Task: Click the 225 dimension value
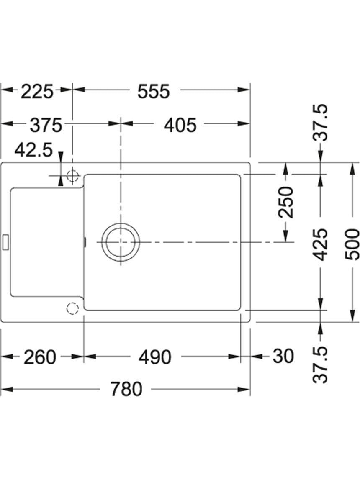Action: (x=37, y=91)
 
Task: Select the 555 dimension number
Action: (x=153, y=91)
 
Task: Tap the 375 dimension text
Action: (x=46, y=125)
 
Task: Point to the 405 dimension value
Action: (x=180, y=125)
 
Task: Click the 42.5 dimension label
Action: (x=33, y=150)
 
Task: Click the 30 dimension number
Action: (x=283, y=356)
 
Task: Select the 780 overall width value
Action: (x=126, y=389)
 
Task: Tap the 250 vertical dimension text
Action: (x=285, y=202)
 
